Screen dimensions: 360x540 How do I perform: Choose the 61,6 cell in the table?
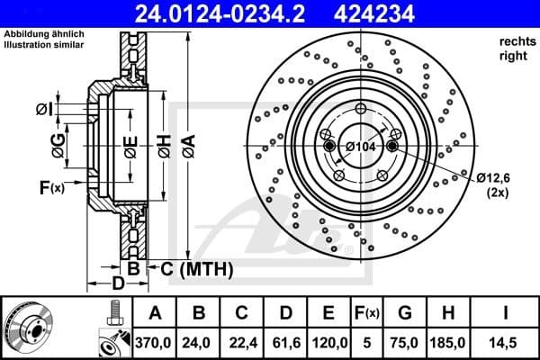click(x=285, y=343)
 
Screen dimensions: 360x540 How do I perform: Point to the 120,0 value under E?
click(x=329, y=343)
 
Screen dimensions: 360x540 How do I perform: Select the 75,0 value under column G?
click(x=406, y=343)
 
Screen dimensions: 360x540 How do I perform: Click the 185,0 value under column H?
click(x=450, y=343)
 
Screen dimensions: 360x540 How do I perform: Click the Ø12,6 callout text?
click(x=494, y=175)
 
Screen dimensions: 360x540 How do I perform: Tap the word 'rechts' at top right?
click(x=514, y=42)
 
